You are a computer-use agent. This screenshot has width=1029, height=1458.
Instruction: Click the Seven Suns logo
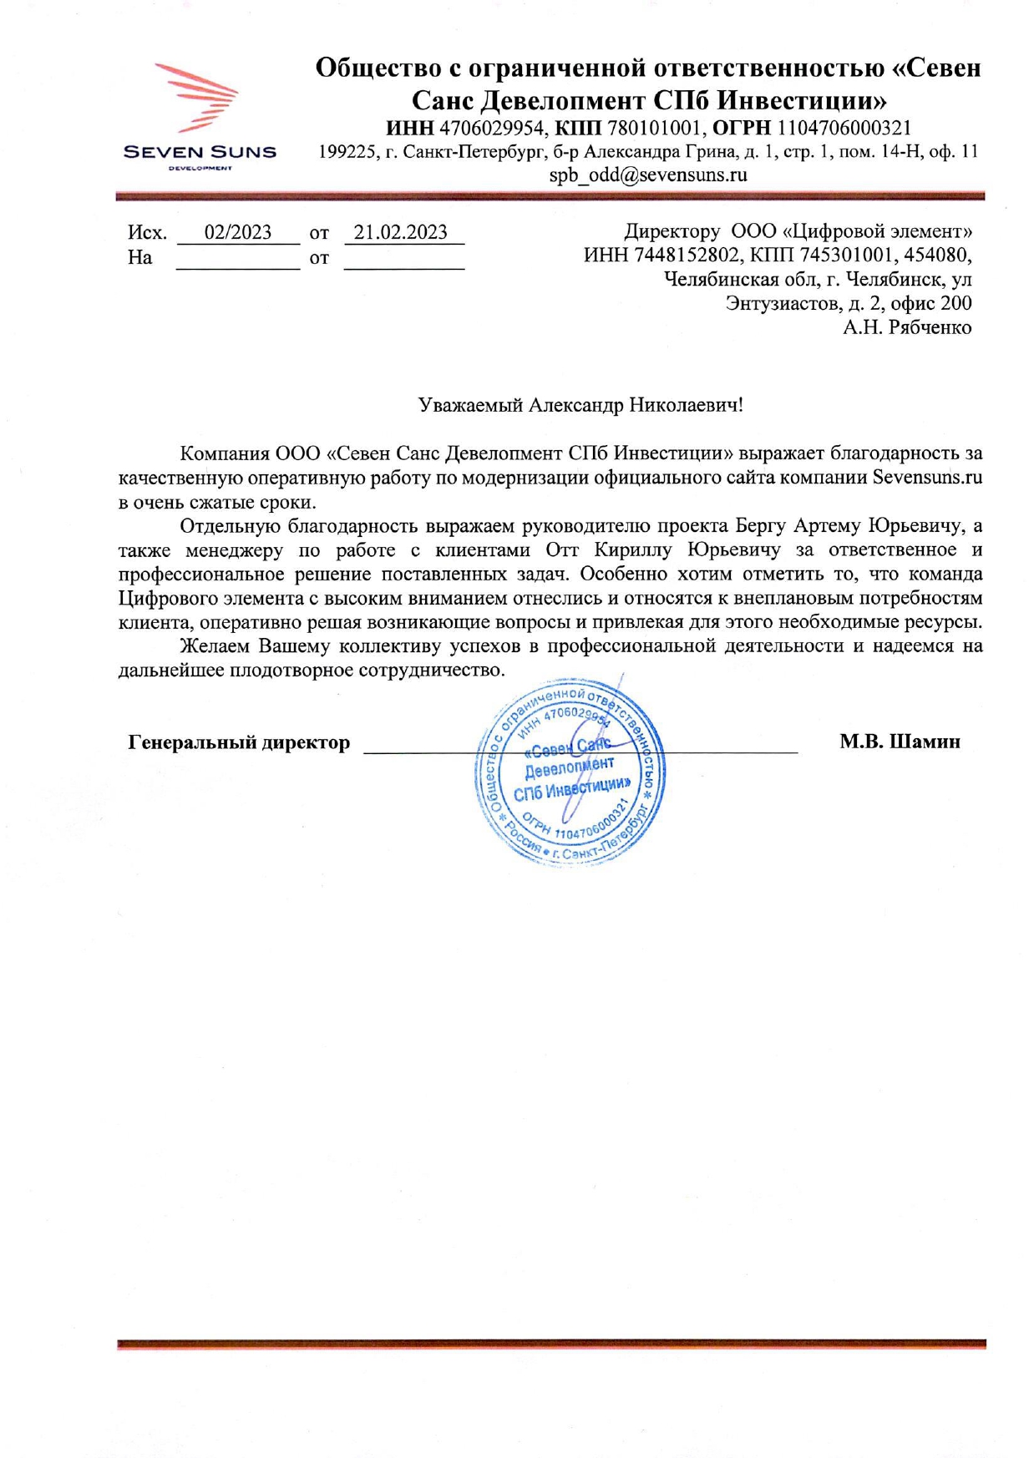point(199,114)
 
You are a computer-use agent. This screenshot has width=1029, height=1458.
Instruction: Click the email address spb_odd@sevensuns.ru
point(647,175)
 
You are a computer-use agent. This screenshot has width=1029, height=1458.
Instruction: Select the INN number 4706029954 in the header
point(492,129)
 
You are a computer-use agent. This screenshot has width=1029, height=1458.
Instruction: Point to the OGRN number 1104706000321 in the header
point(844,129)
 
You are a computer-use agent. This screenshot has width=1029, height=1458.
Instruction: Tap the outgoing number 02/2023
point(238,232)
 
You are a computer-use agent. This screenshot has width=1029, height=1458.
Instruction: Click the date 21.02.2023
point(401,232)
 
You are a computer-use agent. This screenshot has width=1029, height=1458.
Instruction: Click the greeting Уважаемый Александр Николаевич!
point(580,406)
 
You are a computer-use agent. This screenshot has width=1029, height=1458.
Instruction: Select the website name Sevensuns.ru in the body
point(927,478)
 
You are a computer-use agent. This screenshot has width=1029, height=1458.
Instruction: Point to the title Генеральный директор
point(239,742)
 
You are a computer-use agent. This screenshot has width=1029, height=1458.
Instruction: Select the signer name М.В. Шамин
point(900,742)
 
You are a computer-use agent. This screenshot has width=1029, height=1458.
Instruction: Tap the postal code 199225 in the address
point(344,152)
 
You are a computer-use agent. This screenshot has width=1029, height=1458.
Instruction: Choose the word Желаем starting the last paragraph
point(216,646)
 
